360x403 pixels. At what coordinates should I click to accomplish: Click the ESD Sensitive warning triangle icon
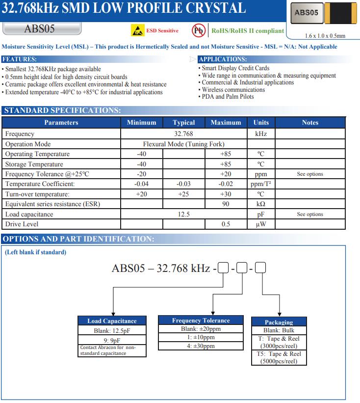coord(137,31)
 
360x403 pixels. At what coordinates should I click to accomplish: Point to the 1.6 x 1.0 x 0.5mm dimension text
coord(325,36)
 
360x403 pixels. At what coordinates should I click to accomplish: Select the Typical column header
coord(184,123)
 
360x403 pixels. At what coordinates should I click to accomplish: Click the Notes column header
coord(310,123)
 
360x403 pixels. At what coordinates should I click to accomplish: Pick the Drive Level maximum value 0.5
coord(226,224)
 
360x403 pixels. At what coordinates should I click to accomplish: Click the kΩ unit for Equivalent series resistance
coord(261,204)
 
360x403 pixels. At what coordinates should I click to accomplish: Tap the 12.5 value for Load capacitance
coord(184,215)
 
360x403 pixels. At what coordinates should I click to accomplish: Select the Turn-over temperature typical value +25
coord(184,194)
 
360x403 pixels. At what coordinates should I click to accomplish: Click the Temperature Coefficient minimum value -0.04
coord(142,184)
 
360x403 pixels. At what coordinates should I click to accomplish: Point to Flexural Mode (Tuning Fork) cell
coord(184,144)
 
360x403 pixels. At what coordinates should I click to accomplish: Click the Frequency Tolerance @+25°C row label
coord(47,174)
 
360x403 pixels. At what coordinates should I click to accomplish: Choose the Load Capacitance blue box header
coord(112,321)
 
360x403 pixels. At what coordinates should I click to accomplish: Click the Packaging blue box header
coord(279,322)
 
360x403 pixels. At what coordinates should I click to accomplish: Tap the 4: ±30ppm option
coord(201,346)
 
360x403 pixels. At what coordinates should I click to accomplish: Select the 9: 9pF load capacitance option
coord(112,340)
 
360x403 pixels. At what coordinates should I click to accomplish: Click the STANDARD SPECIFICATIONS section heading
coord(62,110)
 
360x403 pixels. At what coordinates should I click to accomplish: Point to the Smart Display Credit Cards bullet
coord(235,68)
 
